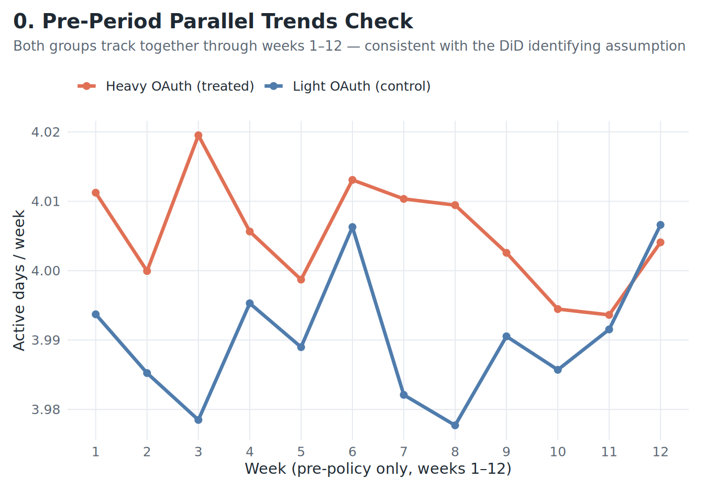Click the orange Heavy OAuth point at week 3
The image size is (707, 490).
click(198, 136)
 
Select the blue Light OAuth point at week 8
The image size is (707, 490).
click(455, 425)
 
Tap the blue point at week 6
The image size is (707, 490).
click(352, 227)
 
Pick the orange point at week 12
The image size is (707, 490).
click(660, 242)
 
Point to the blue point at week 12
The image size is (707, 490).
click(660, 225)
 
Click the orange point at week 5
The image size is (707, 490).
click(301, 280)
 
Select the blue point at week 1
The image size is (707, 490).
click(96, 315)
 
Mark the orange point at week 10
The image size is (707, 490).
click(558, 309)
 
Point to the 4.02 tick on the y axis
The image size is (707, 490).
click(46, 132)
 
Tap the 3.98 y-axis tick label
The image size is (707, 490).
click(46, 410)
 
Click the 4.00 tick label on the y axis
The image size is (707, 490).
click(46, 271)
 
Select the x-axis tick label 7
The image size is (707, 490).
click(404, 452)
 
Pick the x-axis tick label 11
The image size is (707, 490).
click(609, 452)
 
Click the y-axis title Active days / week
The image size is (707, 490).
click(19, 280)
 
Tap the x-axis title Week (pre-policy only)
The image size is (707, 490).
click(378, 469)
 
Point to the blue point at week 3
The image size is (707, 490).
click(198, 420)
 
